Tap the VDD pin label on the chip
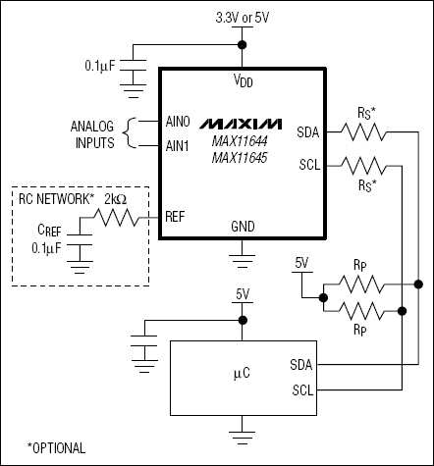(x=242, y=78)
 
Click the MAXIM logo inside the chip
(x=242, y=126)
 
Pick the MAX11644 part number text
(x=242, y=143)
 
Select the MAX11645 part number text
(x=242, y=158)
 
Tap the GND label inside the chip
(x=242, y=225)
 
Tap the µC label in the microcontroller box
(x=242, y=373)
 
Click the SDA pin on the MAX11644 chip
(x=307, y=130)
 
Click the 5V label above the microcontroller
(x=243, y=293)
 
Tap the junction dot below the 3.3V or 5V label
(x=243, y=44)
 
